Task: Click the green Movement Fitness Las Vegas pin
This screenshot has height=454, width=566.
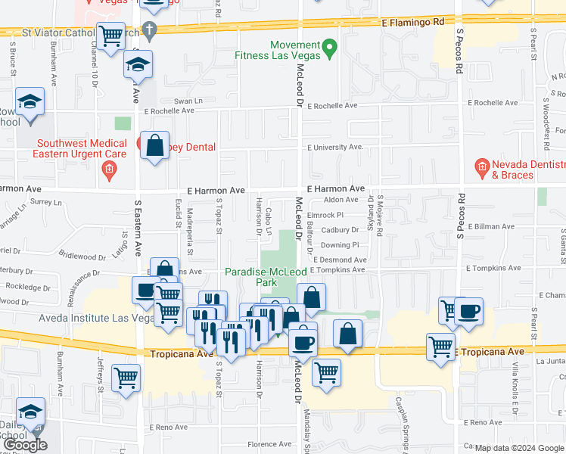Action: (x=329, y=50)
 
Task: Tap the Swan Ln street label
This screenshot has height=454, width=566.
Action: (x=189, y=100)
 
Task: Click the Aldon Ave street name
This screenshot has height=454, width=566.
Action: (x=341, y=200)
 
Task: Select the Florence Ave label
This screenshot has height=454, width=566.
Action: (x=269, y=445)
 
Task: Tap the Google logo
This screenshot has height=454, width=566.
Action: (x=26, y=445)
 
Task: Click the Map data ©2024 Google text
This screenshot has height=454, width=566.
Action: (x=518, y=448)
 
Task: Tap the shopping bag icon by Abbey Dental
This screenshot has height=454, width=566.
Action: (x=154, y=148)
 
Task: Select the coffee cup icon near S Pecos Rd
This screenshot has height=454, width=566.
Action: (x=468, y=312)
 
